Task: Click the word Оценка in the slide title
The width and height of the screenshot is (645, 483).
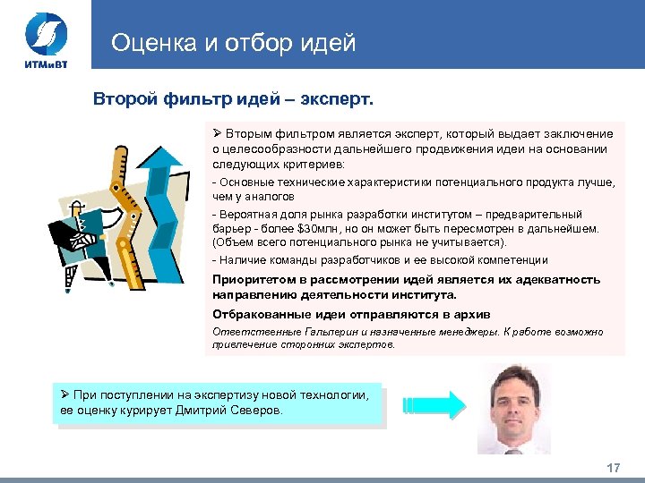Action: [150, 42]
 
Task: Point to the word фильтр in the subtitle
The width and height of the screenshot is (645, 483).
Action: [194, 97]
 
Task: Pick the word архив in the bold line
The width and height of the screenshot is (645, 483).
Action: [468, 314]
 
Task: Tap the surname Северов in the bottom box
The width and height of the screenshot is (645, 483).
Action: [254, 411]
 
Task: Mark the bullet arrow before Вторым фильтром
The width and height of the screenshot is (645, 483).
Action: [217, 133]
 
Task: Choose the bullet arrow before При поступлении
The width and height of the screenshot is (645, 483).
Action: [64, 395]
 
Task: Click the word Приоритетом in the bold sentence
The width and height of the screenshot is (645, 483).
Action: [253, 280]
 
